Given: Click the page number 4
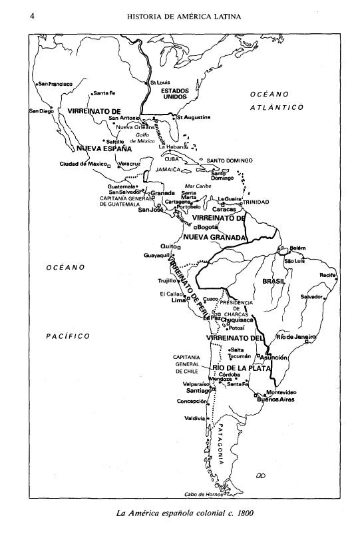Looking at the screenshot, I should (31, 16).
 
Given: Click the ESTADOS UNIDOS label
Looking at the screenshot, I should (175, 94).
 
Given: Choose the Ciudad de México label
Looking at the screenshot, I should (84, 163).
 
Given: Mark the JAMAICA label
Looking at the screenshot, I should (169, 170).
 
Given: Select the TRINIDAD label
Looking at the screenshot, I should (256, 202).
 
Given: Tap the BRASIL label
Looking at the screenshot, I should (273, 282).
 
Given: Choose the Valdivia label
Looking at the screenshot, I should (195, 418).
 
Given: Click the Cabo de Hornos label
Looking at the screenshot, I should (204, 494).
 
